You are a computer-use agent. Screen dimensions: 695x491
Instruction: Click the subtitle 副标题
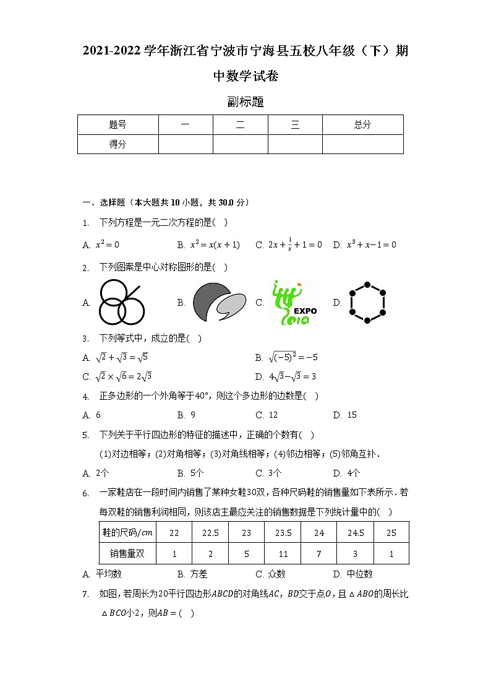point(246,102)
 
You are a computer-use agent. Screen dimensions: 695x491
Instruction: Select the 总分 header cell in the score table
point(362,124)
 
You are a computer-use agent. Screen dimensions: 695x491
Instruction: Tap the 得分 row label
point(117,144)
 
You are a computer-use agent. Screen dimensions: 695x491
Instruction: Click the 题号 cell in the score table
point(117,124)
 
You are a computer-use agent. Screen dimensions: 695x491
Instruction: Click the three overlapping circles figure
point(121,302)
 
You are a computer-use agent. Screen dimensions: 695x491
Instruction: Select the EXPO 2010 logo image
point(294,303)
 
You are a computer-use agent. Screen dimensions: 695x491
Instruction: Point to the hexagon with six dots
point(367,303)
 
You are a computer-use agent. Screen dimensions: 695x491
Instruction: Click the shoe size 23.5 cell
point(283,533)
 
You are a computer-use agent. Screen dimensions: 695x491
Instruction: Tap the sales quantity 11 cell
point(283,554)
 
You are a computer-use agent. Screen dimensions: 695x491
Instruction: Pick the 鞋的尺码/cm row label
point(127,533)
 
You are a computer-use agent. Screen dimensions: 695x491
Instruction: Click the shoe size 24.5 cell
point(355,533)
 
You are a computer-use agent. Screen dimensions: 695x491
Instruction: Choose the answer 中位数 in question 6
point(360,574)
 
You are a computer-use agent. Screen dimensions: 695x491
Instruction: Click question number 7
point(86,595)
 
